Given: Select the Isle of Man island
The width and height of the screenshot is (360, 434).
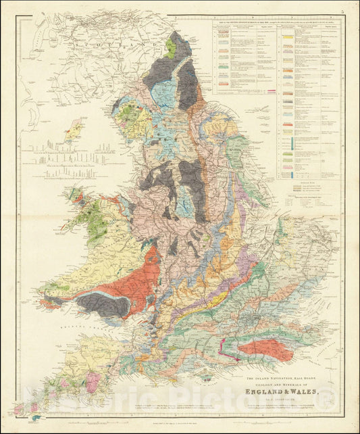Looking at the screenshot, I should [74, 129].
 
